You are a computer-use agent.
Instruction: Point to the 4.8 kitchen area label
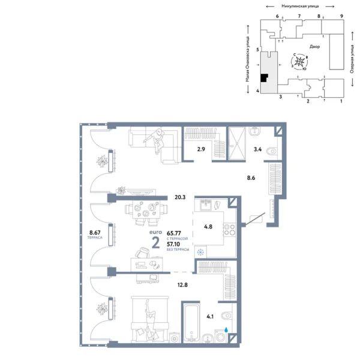(208, 227)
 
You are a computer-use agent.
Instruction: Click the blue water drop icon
(226, 329)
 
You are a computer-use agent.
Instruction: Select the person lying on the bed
(148, 316)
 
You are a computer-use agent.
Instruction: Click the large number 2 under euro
(156, 242)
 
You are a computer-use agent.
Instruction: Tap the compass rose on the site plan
(301, 61)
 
